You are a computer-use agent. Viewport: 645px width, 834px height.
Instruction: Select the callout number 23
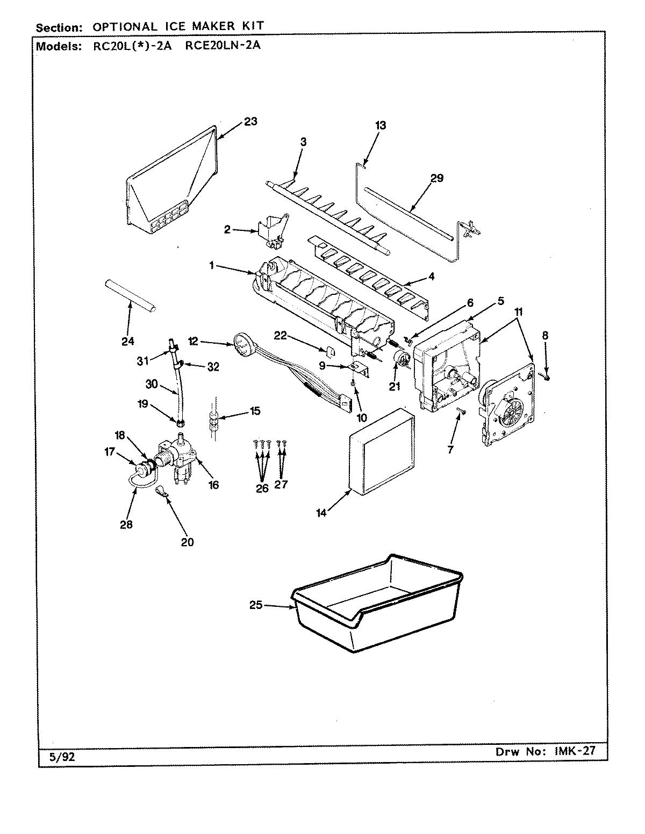[250, 121]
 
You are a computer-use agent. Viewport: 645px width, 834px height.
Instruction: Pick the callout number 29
[436, 178]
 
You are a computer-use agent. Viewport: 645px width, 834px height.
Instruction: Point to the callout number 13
[381, 126]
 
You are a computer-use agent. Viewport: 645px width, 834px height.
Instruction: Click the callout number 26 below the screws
[262, 489]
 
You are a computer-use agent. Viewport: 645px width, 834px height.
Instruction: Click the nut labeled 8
[546, 378]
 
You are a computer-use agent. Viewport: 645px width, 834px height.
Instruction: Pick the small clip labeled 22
[332, 351]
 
